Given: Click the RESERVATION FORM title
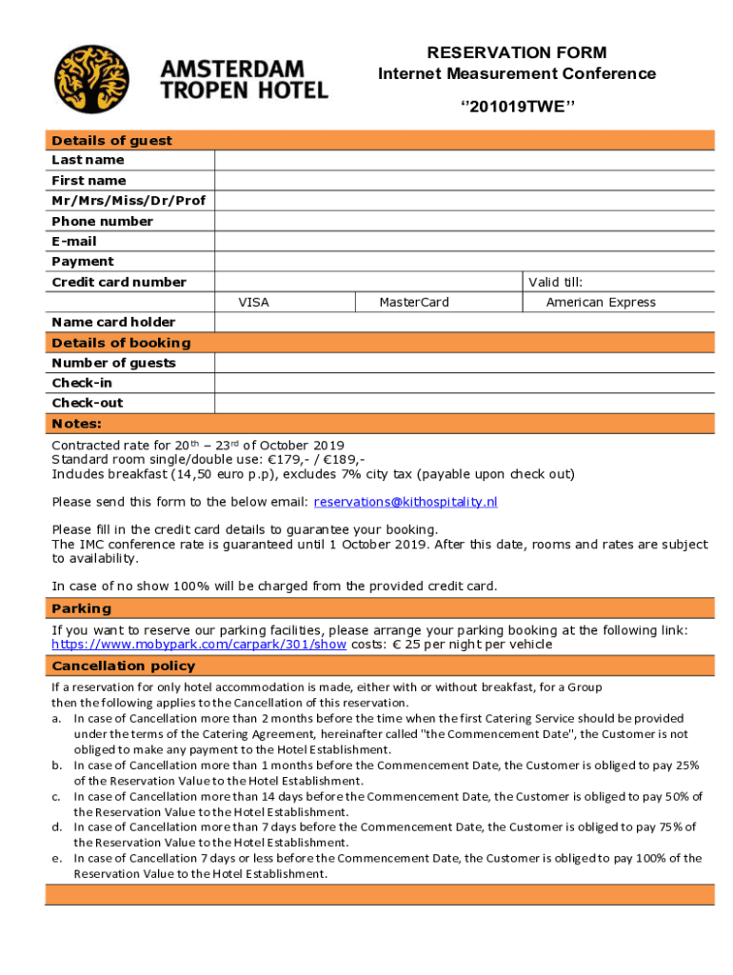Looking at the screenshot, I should pos(516,52).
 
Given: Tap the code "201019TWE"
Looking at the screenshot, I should pos(516,106).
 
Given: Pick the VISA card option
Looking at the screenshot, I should pos(253,302).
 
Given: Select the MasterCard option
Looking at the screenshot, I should pos(414,302).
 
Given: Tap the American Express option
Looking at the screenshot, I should pos(601,302).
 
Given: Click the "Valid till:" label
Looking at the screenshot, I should pos(556,282).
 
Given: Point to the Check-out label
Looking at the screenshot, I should pos(88,403).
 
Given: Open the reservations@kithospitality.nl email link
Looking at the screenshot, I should pos(406,502).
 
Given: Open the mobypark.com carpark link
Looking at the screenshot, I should pos(199,645).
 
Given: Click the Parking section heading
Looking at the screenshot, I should pos(82,608).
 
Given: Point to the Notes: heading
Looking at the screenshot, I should pos(76,424).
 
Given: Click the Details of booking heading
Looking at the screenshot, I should pos(121,343).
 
